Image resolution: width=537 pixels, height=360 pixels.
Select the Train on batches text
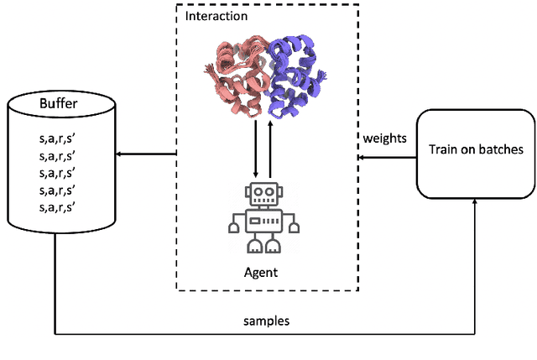[475, 149]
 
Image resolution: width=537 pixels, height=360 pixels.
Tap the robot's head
[263, 193]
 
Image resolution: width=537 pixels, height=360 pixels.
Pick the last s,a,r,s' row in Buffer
[57, 206]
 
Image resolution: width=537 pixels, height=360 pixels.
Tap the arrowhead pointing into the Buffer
[118, 154]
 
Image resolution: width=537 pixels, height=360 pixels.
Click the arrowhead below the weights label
[360, 156]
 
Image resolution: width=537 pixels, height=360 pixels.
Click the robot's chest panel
[263, 222]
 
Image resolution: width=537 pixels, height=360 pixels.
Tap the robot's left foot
[253, 247]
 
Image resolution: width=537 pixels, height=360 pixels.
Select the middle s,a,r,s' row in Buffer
[57, 173]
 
